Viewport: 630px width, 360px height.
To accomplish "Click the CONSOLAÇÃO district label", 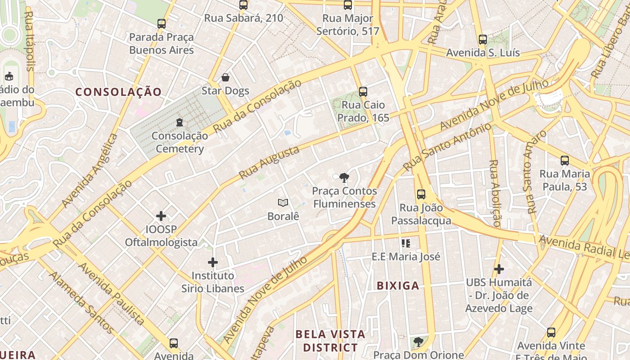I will click(x=118, y=92).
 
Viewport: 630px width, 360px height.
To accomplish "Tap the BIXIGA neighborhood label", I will click(x=398, y=285).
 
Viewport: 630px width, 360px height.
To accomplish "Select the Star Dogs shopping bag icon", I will click(x=225, y=77).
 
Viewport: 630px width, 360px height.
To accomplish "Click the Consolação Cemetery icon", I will click(x=180, y=122).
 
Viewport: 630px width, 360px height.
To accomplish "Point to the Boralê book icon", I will click(x=283, y=203).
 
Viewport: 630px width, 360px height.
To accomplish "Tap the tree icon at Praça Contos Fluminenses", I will click(x=344, y=177).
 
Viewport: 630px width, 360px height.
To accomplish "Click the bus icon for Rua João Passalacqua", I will click(x=421, y=194).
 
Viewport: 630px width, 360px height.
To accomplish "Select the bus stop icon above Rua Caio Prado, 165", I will click(x=363, y=92).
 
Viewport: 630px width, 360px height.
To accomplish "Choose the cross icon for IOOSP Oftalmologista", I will click(x=161, y=216).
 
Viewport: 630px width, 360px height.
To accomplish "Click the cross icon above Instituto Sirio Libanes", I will click(x=213, y=262).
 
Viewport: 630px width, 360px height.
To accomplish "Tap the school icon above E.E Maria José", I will click(x=406, y=243).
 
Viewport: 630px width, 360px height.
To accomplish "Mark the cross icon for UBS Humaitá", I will click(x=499, y=269).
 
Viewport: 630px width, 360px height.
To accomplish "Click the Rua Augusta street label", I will click(x=269, y=162).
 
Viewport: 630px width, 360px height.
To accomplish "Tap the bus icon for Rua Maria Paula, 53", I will click(x=564, y=160).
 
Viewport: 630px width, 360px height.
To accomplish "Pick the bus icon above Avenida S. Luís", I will click(x=483, y=40).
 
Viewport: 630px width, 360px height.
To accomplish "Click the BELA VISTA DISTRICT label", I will click(x=330, y=341).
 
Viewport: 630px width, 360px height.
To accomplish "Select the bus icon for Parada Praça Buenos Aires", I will click(x=162, y=24).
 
